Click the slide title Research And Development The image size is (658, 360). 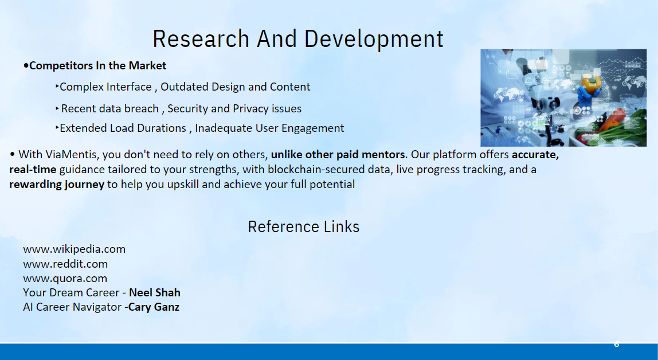click(298, 40)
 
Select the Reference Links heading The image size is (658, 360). click(303, 226)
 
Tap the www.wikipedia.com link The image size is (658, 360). click(75, 249)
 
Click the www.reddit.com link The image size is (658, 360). click(65, 264)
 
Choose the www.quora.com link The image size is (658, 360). click(65, 279)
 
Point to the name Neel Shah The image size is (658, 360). click(154, 292)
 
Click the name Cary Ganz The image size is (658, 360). click(154, 307)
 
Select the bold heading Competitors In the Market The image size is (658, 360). click(97, 65)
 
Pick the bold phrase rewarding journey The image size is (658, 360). click(57, 185)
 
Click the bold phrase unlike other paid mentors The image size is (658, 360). click(339, 154)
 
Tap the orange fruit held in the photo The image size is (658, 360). click(591, 84)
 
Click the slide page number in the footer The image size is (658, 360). click(617, 345)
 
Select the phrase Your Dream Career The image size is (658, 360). click(71, 292)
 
